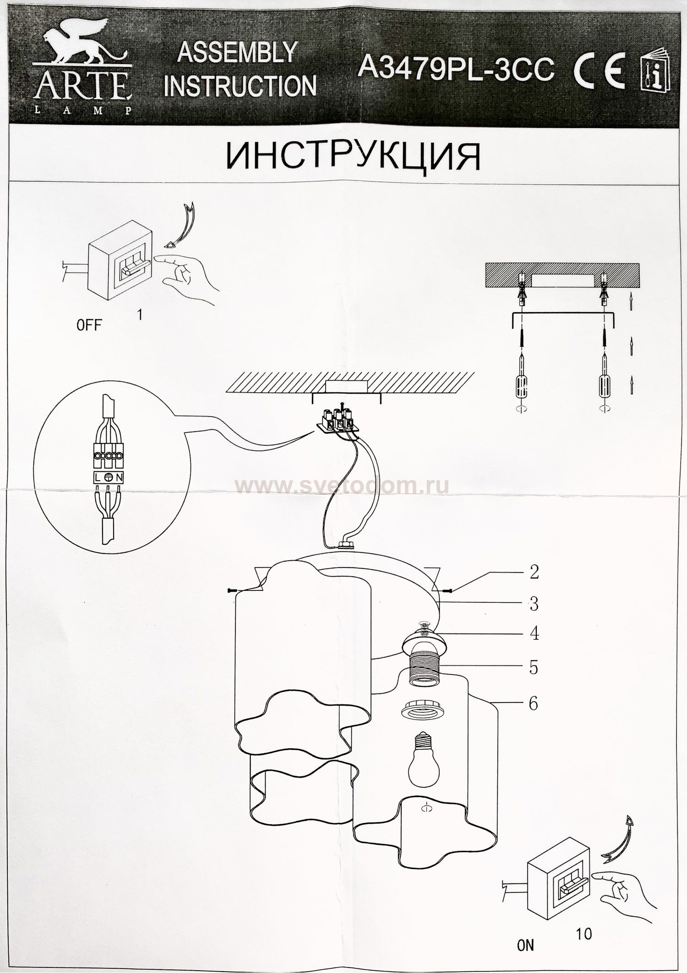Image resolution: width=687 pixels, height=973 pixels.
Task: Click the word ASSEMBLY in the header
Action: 237,52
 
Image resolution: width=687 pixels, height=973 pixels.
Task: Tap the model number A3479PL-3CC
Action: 456,69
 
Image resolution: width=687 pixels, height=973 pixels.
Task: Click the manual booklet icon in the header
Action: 655,73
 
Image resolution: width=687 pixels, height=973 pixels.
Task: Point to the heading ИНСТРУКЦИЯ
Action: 353,157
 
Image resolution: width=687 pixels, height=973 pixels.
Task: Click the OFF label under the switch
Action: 89,325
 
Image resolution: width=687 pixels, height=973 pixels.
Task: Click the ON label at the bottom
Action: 525,945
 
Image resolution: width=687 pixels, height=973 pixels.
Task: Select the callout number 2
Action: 534,572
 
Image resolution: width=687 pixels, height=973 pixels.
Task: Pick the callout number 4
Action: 534,634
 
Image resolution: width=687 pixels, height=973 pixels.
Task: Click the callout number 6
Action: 533,703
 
